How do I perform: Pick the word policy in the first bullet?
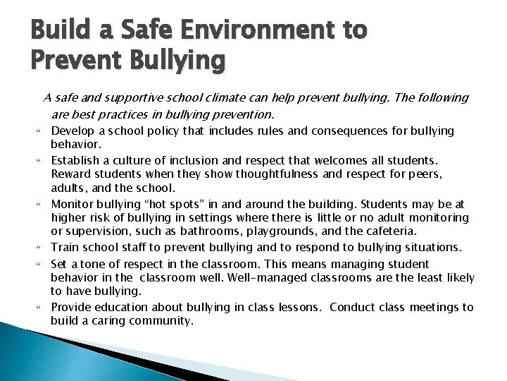pyautogui.click(x=156, y=131)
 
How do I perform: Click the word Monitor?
pyautogui.click(x=73, y=203)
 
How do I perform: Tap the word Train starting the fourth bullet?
pyautogui.click(x=65, y=247)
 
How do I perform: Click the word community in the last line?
pyautogui.click(x=158, y=320)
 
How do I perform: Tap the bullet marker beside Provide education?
pyautogui.click(x=40, y=307)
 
